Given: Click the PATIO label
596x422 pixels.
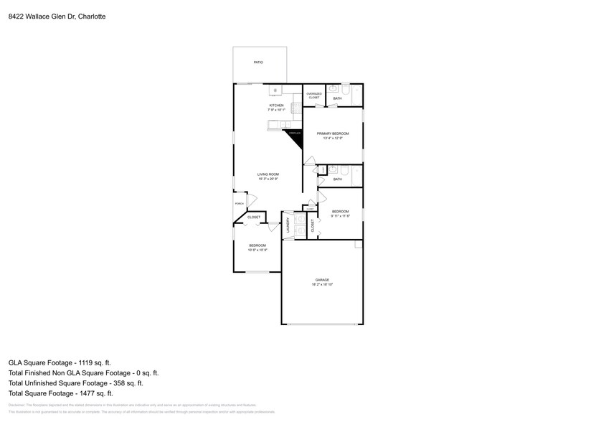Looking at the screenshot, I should click(258, 62).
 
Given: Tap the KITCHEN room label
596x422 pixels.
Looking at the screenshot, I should click(276, 105).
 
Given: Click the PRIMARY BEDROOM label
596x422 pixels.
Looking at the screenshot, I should click(333, 133).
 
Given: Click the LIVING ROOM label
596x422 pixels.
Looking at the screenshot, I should click(268, 174).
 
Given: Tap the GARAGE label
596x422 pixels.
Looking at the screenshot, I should click(322, 280).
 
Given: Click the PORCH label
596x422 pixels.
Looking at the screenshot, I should click(240, 204).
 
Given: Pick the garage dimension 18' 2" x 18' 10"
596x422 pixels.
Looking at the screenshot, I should click(322, 285).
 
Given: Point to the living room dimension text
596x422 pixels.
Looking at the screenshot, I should click(268, 179).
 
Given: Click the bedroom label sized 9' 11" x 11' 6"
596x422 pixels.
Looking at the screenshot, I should click(340, 211).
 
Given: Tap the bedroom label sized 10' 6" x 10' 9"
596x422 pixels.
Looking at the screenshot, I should click(257, 245).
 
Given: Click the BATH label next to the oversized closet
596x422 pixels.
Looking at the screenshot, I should click(347, 98).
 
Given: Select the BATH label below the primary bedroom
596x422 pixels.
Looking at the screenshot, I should click(338, 179).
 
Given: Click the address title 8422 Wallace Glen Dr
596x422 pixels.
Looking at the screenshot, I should click(57, 16).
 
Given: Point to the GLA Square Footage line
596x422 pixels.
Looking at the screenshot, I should click(60, 363).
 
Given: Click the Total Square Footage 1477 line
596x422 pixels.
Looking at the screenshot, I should click(61, 393).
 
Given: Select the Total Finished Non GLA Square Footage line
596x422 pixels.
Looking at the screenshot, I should click(83, 373).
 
